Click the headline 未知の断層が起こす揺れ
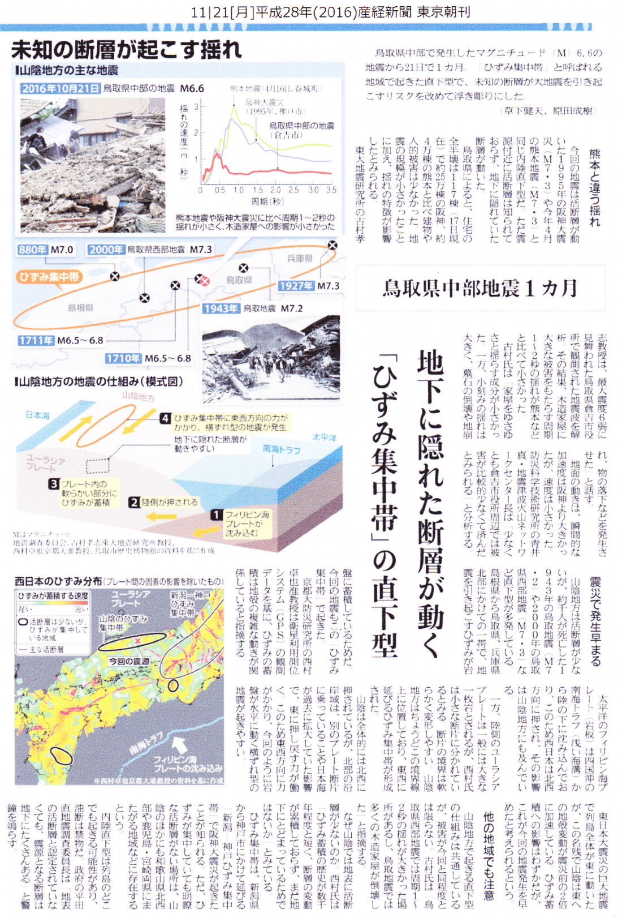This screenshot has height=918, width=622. point(127,50)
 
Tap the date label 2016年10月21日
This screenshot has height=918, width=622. point(61,88)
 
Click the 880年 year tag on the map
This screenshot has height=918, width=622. point(32,250)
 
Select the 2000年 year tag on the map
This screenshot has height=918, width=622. point(106,250)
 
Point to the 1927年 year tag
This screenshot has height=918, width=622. point(296,286)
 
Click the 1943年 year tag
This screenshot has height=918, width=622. point(221,308)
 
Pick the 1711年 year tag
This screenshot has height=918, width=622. point(36,340)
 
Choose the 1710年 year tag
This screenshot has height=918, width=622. point(123,358)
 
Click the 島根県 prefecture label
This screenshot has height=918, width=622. point(80,308)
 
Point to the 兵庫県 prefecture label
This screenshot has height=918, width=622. point(300,259)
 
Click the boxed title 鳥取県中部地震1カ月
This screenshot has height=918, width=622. point(480,288)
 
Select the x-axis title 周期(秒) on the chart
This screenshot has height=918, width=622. point(267,201)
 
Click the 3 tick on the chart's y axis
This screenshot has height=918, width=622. point(196,106)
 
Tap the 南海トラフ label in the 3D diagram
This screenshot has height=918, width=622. point(281,449)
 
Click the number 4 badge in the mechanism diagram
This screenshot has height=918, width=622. point(165,418)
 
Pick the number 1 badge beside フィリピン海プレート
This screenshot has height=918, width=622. point(216,514)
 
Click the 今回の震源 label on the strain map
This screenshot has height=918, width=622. point(129,661)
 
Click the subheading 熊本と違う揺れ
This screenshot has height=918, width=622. point(594,187)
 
